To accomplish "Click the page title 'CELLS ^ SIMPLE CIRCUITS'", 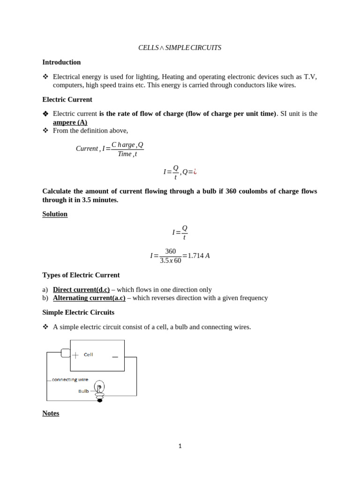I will pyautogui.click(x=180, y=48).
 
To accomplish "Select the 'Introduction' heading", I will pyautogui.click(x=61, y=62).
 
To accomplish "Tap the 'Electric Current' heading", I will pyautogui.click(x=67, y=99).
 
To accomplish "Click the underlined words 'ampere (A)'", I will pyautogui.click(x=70, y=122).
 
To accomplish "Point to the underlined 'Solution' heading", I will pyautogui.click(x=55, y=214).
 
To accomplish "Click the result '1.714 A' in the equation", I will pyautogui.click(x=199, y=255).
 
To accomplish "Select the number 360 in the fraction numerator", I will pyautogui.click(x=171, y=251).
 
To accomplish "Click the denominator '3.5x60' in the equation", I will pyautogui.click(x=171, y=261).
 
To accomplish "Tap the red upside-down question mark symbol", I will pyautogui.click(x=195, y=172).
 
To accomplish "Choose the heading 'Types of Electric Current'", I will pyautogui.click(x=81, y=275).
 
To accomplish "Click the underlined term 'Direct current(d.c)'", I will pyautogui.click(x=81, y=290).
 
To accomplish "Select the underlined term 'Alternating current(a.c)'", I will pyautogui.click(x=89, y=298).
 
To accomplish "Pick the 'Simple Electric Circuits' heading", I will pyautogui.click(x=78, y=312).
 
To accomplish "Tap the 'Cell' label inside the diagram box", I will pyautogui.click(x=88, y=355).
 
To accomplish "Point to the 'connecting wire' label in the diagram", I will pyautogui.click(x=70, y=380).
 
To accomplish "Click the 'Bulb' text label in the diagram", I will pyautogui.click(x=83, y=391).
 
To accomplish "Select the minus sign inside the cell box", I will pyautogui.click(x=115, y=357).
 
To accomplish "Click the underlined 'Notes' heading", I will pyautogui.click(x=51, y=413).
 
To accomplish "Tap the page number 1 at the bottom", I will pyautogui.click(x=180, y=446).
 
